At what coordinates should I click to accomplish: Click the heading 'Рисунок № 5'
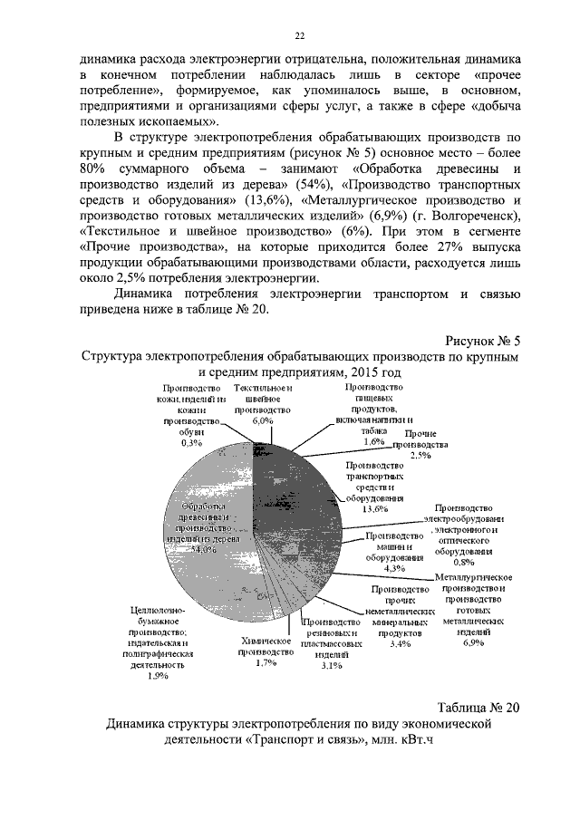pos(483,342)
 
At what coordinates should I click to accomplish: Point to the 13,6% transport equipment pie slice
pos(299,489)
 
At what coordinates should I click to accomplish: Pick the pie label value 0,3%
pos(191,443)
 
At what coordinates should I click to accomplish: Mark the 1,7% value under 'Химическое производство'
pos(266,663)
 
